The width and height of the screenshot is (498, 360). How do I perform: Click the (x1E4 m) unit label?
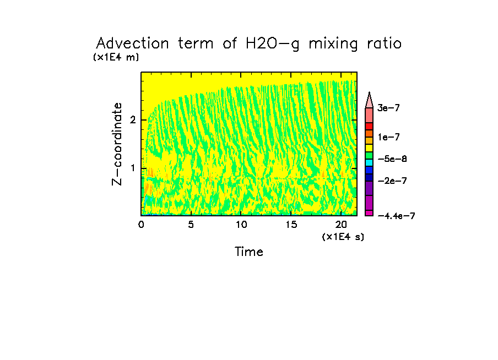click(x=116, y=57)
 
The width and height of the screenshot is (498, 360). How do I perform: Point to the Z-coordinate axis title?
click(x=117, y=143)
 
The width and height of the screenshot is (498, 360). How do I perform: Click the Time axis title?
click(x=249, y=252)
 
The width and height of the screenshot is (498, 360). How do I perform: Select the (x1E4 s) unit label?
click(x=343, y=237)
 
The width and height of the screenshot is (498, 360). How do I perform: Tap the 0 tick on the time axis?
click(x=141, y=225)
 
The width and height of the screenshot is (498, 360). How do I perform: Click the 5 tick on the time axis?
click(x=191, y=225)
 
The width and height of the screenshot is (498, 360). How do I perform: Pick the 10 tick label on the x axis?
click(x=241, y=225)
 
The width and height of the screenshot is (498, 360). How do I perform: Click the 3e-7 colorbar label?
click(x=388, y=108)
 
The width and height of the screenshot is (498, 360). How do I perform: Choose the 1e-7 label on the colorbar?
click(x=388, y=137)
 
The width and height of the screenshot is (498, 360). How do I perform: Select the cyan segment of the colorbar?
click(x=369, y=162)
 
